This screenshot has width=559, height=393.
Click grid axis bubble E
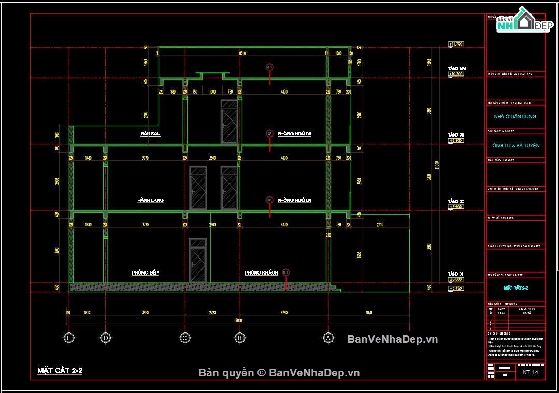[68, 338]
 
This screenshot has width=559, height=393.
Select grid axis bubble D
[105, 338]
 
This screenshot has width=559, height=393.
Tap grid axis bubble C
[184, 338]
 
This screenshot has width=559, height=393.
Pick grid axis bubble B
[240, 338]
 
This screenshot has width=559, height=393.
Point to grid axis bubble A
[327, 338]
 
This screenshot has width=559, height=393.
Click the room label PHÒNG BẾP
[145, 273]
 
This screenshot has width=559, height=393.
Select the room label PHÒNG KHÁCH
[262, 273]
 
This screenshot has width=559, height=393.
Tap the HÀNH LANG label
[150, 200]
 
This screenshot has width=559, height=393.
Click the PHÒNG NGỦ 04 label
[294, 200]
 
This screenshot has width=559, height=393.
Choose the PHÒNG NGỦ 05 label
[294, 134]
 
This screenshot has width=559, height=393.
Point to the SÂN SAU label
[150, 134]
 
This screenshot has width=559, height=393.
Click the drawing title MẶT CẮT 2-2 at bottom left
[60, 371]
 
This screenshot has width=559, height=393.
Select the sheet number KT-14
[529, 372]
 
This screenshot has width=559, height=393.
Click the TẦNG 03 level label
[456, 134]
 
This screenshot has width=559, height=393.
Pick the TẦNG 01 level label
[456, 274]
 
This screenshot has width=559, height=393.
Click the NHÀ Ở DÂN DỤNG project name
[515, 117]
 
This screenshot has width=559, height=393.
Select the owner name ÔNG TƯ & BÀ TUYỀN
[515, 146]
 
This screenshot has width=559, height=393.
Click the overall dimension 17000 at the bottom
[239, 320]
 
